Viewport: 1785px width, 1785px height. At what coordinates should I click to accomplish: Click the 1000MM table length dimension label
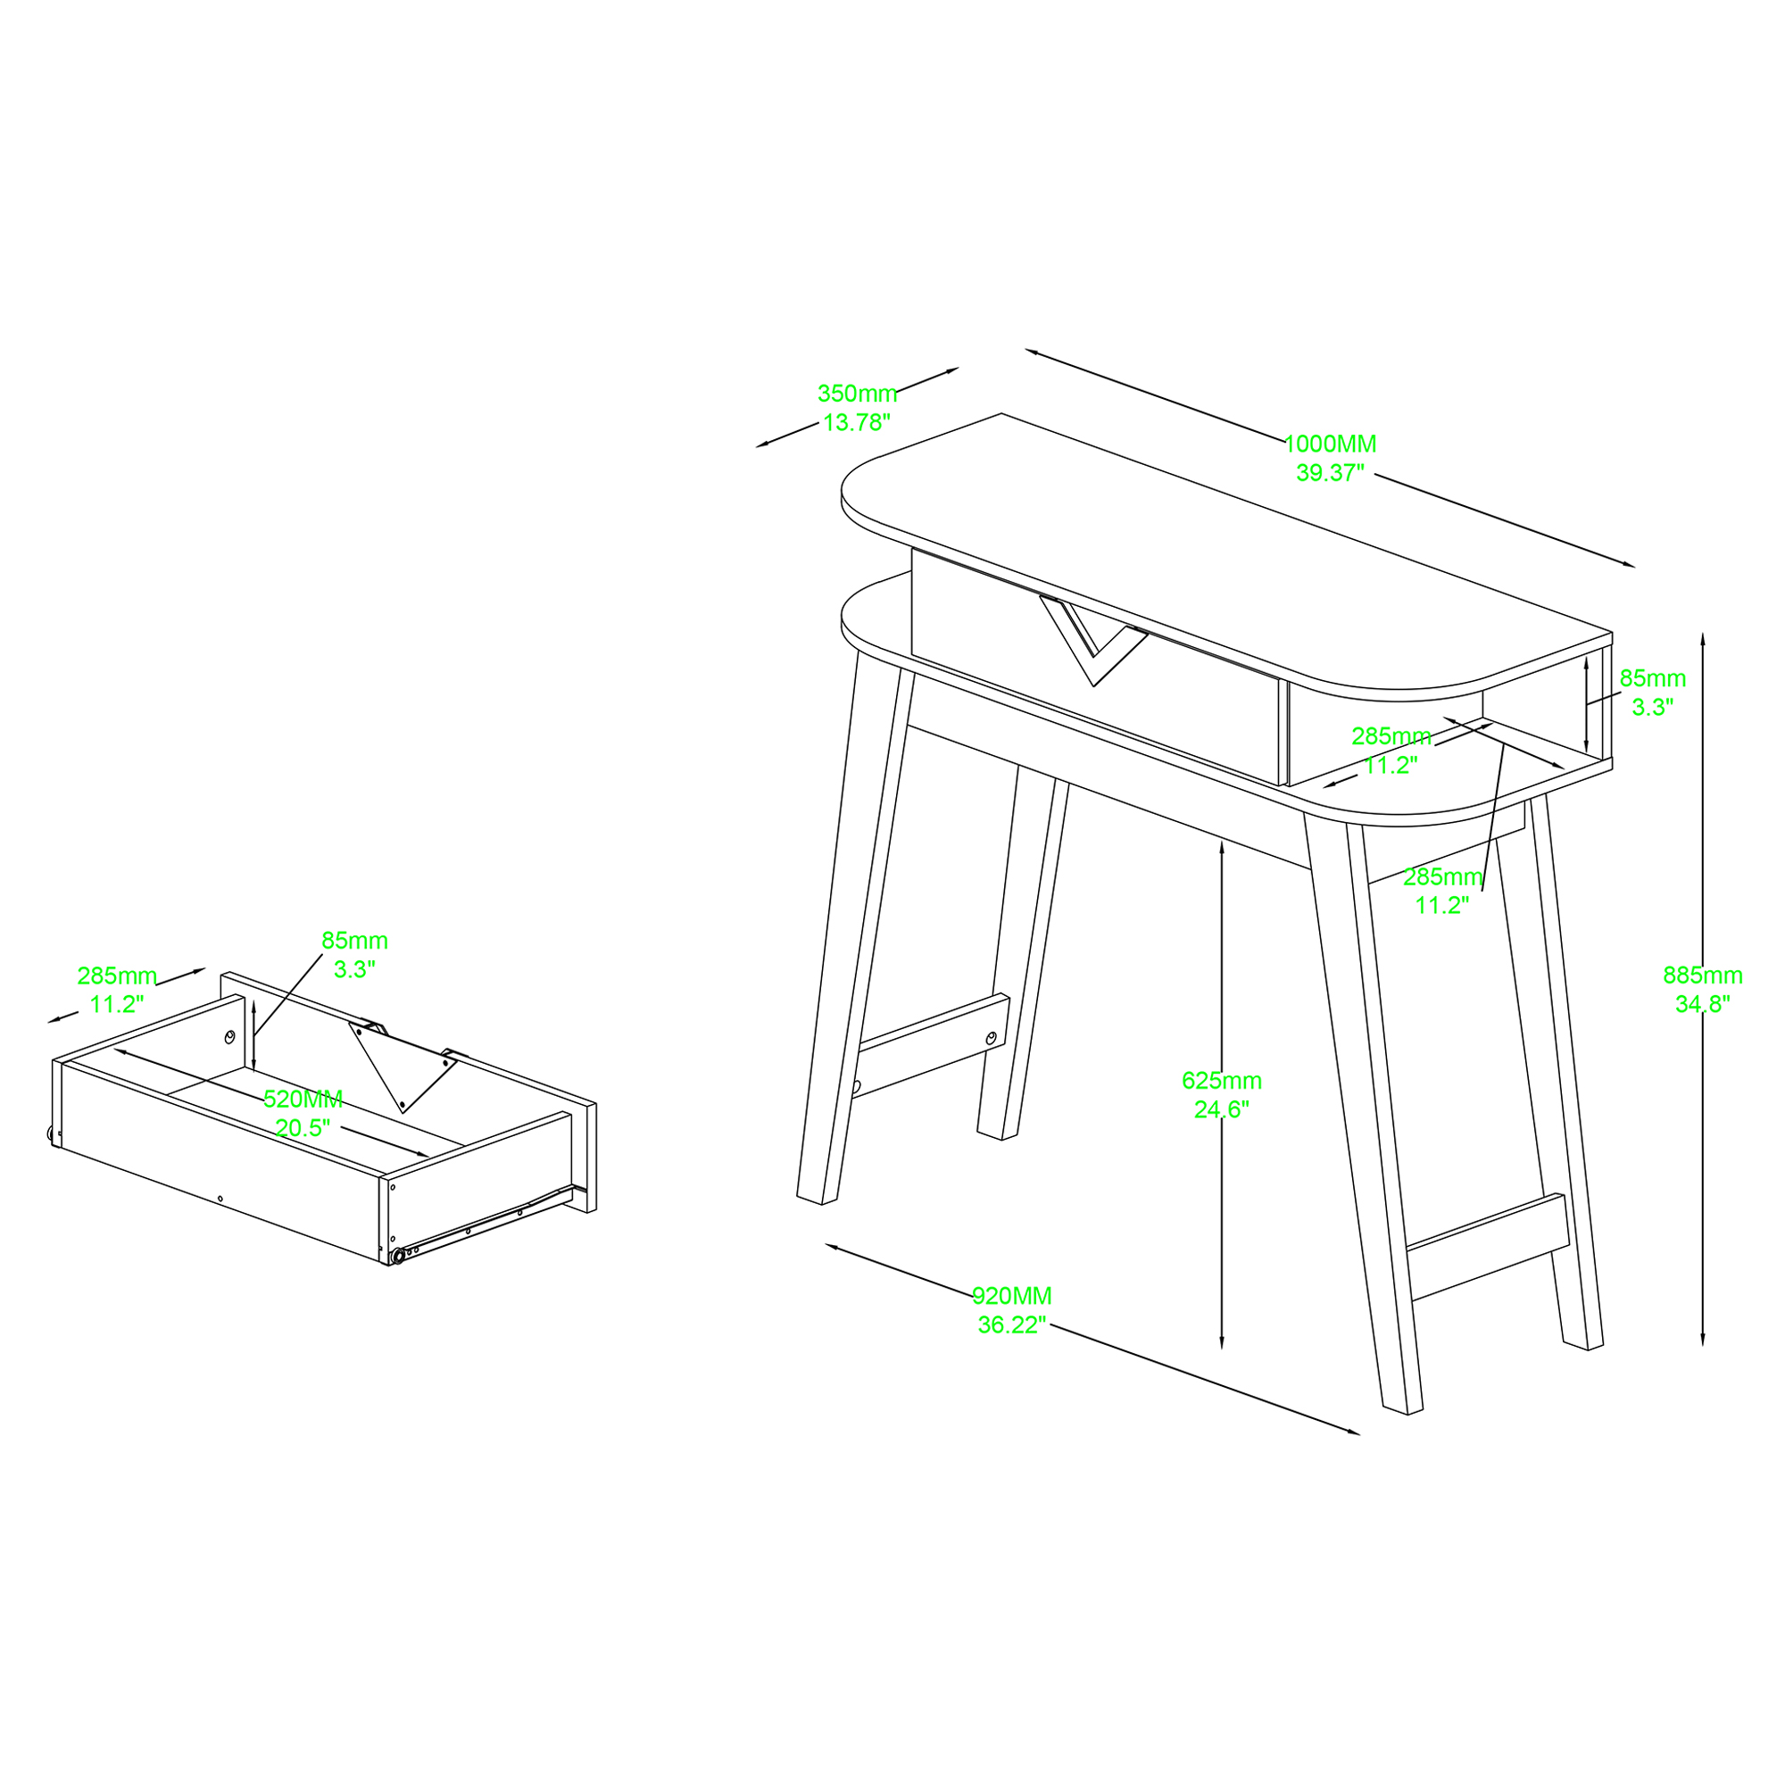(1331, 444)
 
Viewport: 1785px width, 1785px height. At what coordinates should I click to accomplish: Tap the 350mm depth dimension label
(858, 394)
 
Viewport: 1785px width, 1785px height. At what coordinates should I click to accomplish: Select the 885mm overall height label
(1703, 975)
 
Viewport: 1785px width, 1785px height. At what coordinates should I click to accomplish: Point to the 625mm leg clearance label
(1222, 1080)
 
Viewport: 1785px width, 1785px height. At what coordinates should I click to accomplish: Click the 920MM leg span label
(1012, 1296)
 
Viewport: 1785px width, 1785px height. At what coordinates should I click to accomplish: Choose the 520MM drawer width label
(303, 1100)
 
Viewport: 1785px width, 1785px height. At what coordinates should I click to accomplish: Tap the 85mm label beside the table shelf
(1653, 678)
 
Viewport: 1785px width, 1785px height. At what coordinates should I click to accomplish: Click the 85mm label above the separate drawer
(355, 941)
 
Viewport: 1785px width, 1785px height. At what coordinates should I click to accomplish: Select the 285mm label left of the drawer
(117, 976)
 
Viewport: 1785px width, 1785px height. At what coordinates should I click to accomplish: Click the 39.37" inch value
(1331, 473)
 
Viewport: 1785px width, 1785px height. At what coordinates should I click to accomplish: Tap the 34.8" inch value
(1703, 1003)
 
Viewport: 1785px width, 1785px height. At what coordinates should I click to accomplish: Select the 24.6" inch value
(1222, 1109)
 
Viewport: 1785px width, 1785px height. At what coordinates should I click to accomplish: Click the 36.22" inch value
(1012, 1324)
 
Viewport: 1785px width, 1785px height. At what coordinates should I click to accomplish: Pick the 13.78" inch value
(858, 422)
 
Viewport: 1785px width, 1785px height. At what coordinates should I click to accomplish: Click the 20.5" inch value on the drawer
(303, 1128)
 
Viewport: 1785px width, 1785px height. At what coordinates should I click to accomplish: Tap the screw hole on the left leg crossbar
(992, 1039)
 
